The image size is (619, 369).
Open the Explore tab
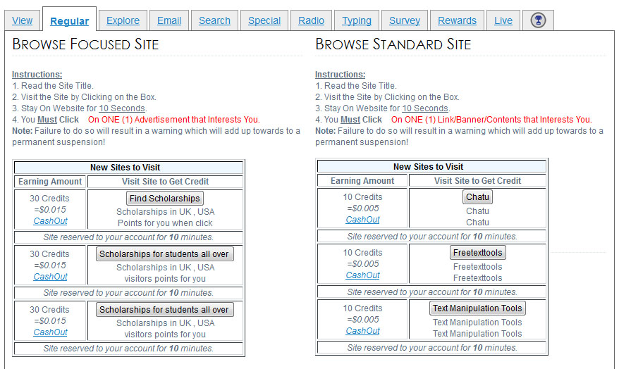123,20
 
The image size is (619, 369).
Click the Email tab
169,20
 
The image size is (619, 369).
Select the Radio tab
311,20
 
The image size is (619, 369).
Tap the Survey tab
404,20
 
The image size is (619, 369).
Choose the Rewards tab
457,20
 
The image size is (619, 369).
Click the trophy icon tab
538,20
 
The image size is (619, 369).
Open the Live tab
503,20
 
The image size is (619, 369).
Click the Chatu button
477,197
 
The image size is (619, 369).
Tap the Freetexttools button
478,253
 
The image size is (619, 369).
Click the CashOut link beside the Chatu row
362,220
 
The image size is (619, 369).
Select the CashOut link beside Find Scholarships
50,221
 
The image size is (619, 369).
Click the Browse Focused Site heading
85,44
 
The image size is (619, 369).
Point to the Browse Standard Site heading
393,44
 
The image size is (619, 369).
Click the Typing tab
357,20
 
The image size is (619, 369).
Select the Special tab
264,20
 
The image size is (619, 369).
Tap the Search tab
214,20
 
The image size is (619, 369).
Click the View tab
22,20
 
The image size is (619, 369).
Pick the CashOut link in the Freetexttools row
362,275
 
